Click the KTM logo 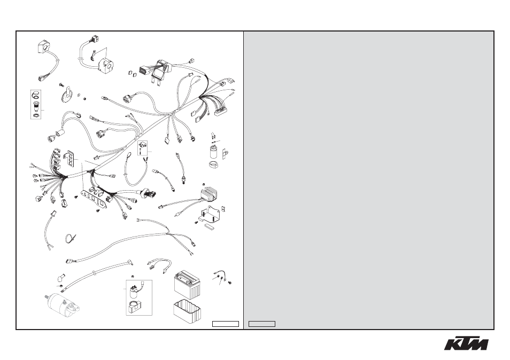pyautogui.click(x=466, y=343)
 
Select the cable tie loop pyautogui.click(x=69, y=238)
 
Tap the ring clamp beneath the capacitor pyautogui.click(x=213, y=164)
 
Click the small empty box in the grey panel pyautogui.click(x=262, y=324)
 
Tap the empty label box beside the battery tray pyautogui.click(x=226, y=324)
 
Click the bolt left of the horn pyautogui.click(x=61, y=85)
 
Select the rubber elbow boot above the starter pyautogui.click(x=61, y=277)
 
